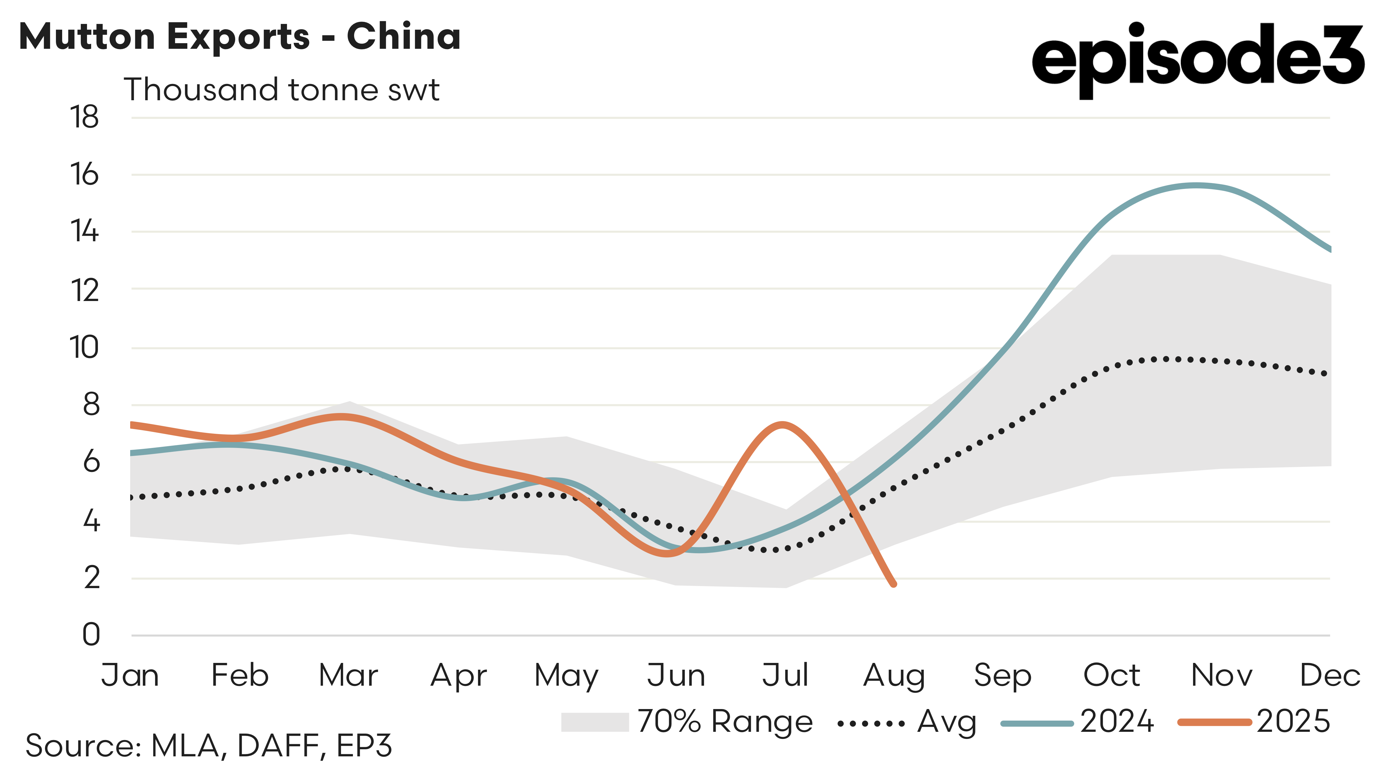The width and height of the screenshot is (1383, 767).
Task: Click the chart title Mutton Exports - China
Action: click(239, 36)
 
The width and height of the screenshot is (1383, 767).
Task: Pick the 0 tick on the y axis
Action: click(91, 635)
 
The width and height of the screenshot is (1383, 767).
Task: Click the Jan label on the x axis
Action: click(130, 675)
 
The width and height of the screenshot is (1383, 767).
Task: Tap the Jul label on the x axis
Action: click(785, 675)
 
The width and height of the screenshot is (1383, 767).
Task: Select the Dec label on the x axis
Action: click(1329, 675)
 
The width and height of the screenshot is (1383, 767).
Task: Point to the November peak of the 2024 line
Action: click(1196, 186)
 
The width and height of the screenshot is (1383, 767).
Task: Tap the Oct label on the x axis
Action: click(1111, 675)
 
